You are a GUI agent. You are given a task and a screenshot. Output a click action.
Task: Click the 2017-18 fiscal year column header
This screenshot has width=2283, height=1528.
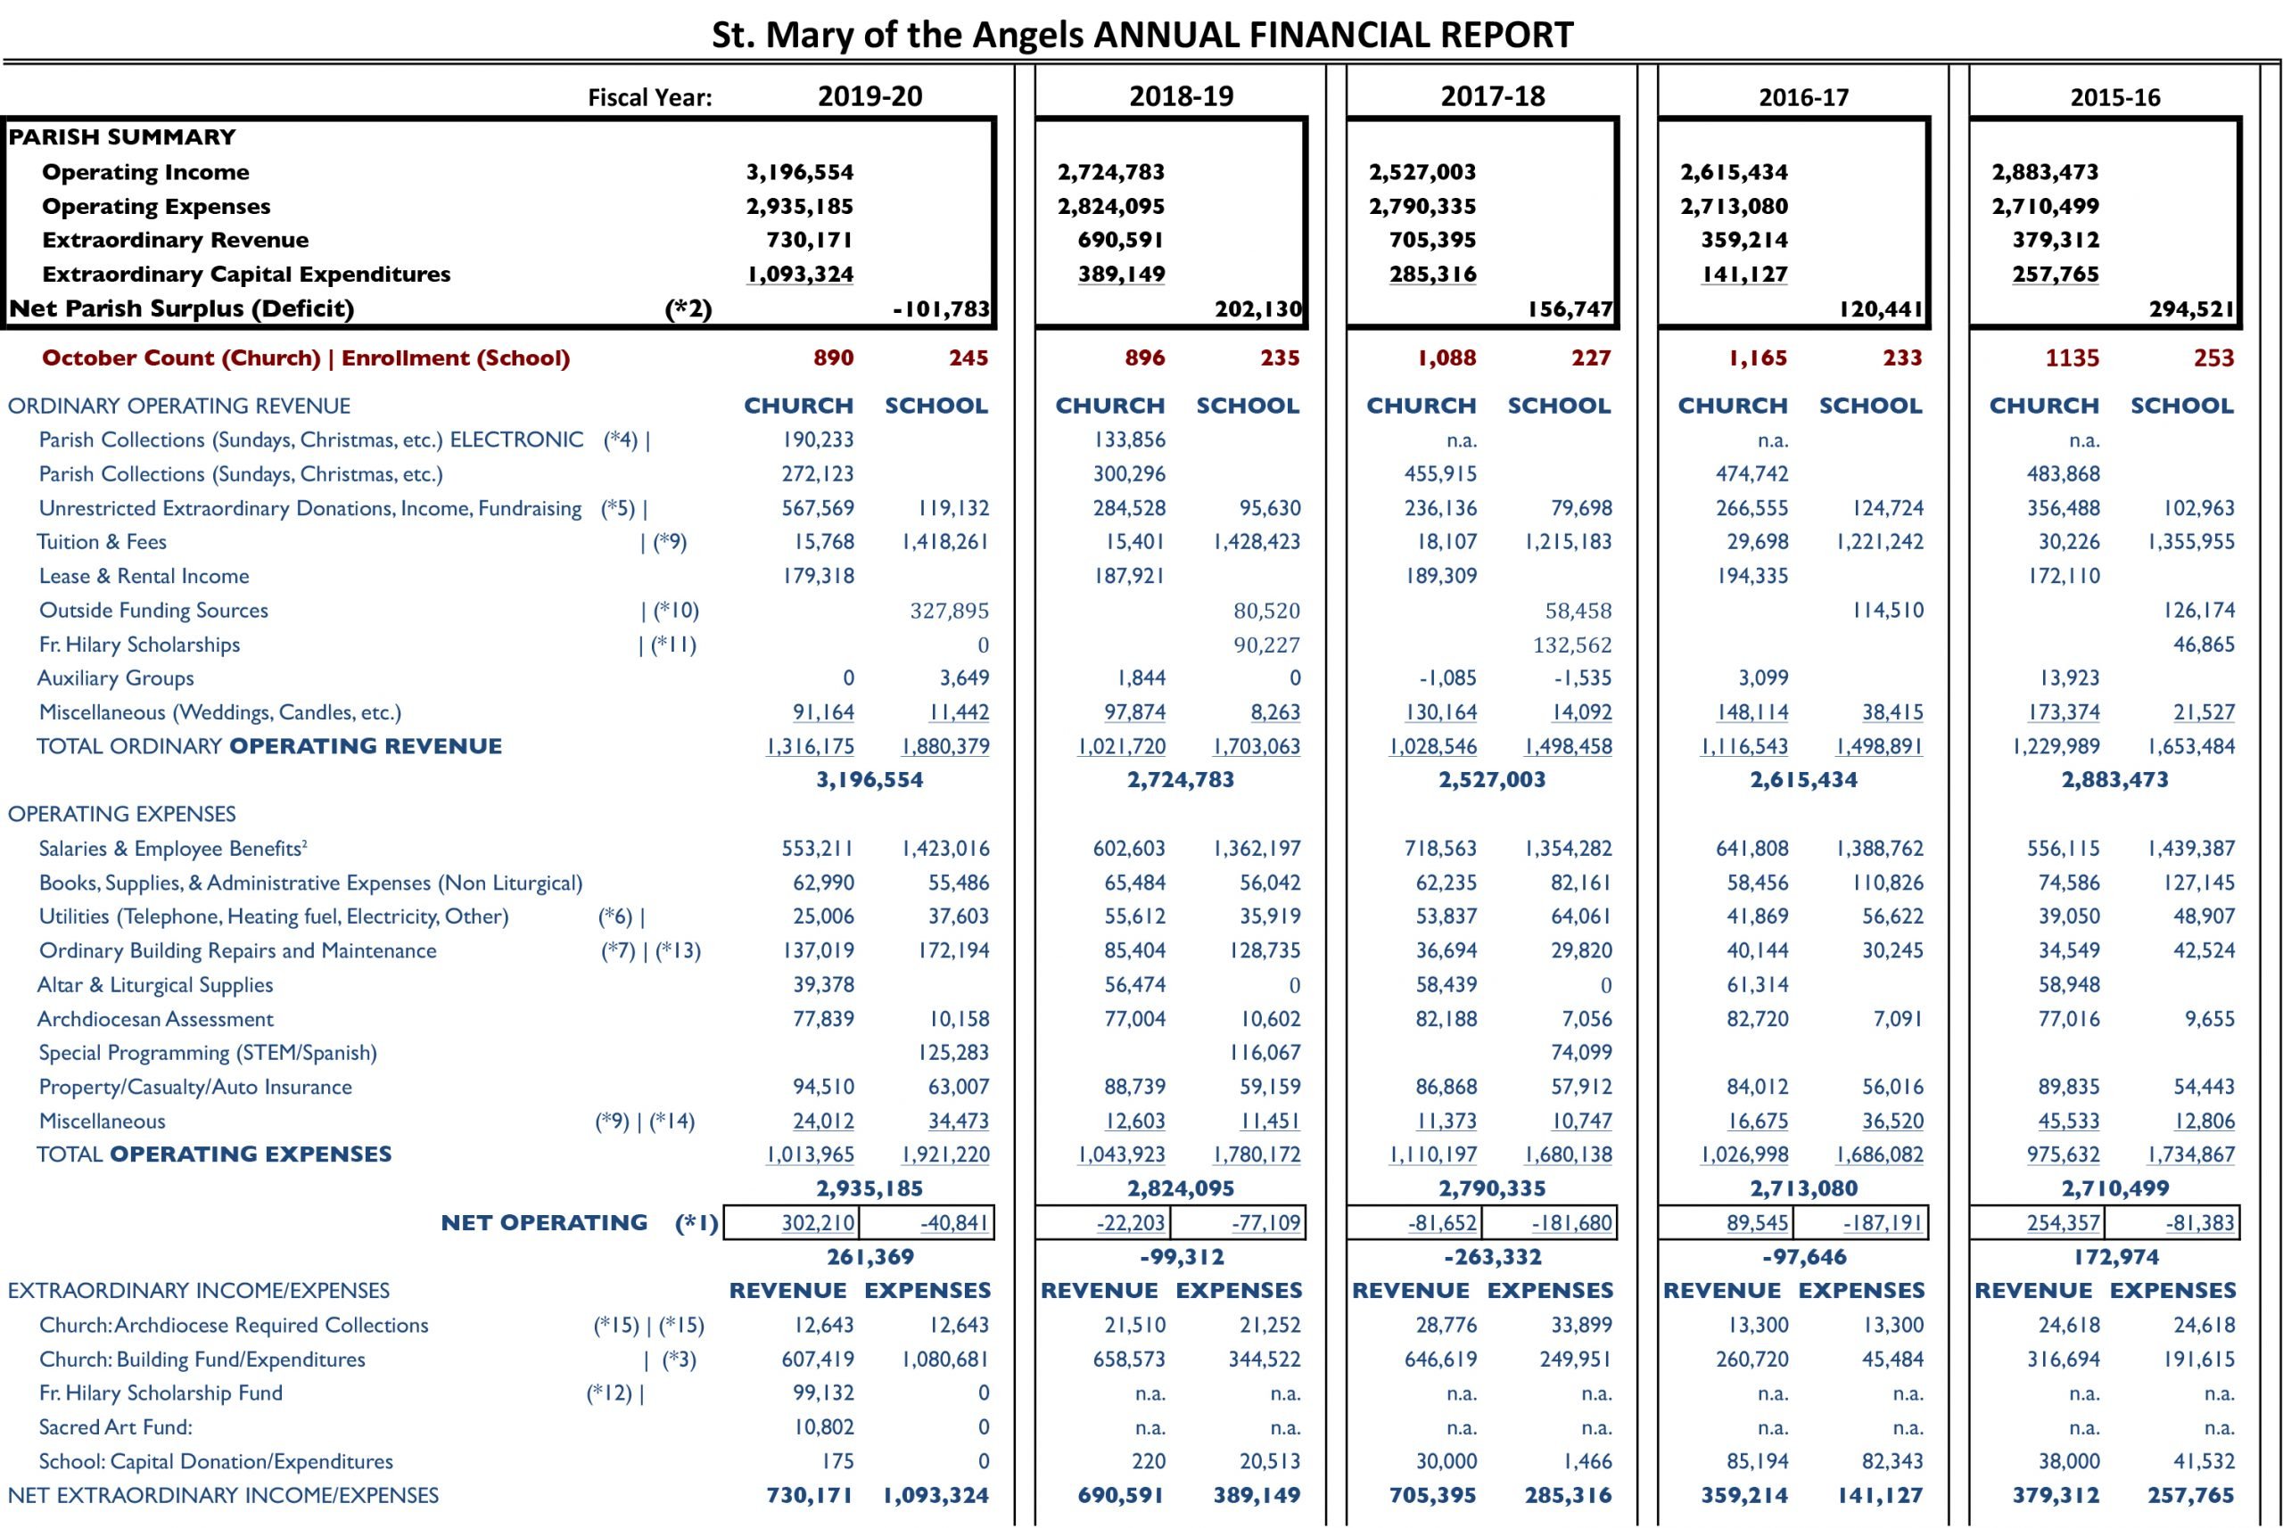[1493, 95]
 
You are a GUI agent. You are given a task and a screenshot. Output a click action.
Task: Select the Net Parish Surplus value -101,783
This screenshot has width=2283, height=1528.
[941, 309]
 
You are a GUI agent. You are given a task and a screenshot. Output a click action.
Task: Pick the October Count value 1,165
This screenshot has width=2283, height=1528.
[1758, 357]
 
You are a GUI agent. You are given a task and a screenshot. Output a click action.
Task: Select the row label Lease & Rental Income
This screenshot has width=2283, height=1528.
[144, 576]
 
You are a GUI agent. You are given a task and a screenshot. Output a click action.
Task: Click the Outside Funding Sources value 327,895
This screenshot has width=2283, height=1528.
[950, 611]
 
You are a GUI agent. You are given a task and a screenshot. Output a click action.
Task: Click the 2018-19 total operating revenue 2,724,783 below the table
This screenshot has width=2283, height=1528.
[1181, 779]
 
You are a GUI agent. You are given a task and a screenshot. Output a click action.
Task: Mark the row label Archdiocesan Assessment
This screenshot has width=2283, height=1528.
[155, 1019]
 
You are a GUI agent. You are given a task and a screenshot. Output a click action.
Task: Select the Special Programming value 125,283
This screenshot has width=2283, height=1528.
[953, 1053]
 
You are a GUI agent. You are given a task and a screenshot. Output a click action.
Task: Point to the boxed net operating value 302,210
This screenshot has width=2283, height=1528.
[818, 1222]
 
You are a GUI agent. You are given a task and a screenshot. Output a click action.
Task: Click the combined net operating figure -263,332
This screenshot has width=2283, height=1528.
[1493, 1257]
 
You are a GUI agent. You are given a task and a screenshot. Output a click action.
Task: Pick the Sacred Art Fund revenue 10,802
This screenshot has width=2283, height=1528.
[823, 1427]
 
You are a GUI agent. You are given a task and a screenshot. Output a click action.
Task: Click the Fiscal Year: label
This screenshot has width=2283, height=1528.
[649, 97]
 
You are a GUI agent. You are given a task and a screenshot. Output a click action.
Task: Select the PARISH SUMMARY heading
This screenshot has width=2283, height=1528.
[122, 136]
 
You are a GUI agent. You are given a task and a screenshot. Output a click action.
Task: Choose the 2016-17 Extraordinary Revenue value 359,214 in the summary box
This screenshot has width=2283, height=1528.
[1745, 240]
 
